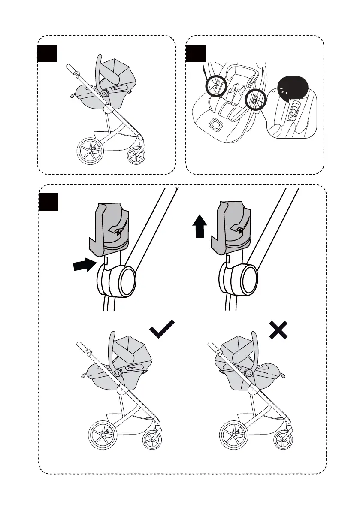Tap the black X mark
[278, 332]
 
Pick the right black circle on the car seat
[255, 100]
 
